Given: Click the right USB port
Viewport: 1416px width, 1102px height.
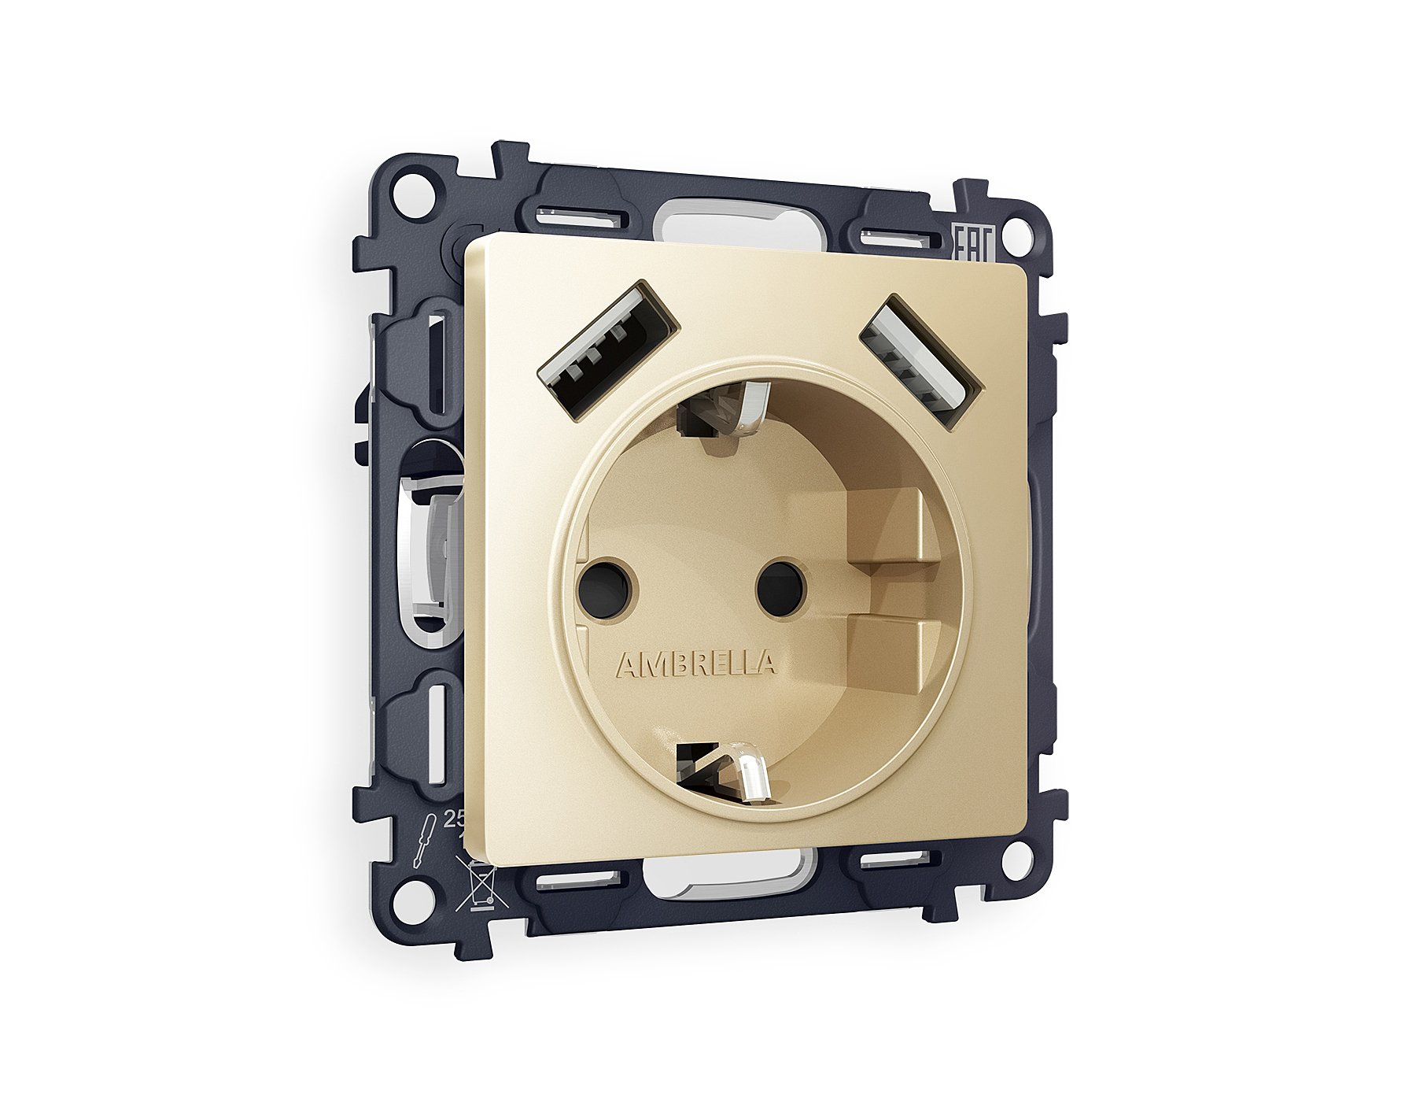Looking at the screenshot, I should (921, 361).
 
